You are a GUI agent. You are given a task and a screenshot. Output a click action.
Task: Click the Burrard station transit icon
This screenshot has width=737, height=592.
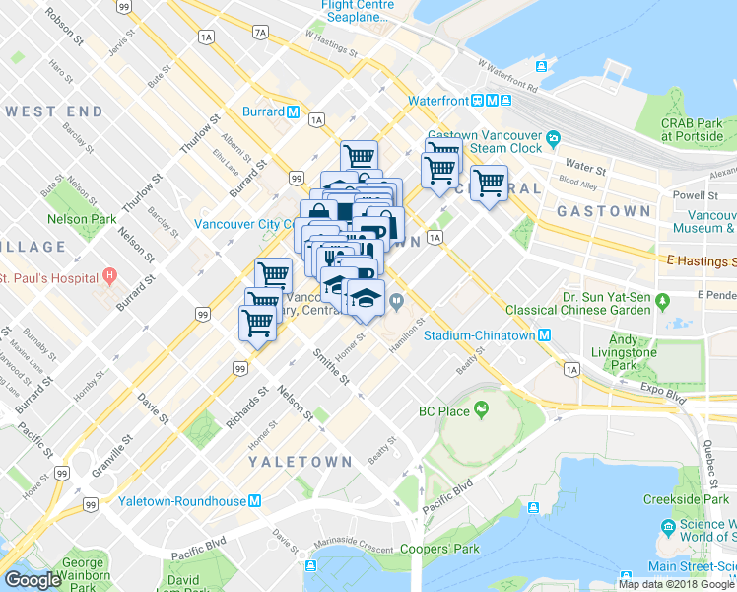(294, 111)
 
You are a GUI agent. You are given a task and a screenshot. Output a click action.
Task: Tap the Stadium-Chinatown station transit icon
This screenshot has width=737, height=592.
(544, 335)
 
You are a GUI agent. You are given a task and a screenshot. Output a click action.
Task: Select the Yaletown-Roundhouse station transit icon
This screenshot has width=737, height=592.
(255, 501)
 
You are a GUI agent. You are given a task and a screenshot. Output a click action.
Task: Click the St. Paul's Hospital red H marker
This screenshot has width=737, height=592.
(109, 275)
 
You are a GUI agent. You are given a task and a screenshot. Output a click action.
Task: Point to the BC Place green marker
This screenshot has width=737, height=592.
(482, 408)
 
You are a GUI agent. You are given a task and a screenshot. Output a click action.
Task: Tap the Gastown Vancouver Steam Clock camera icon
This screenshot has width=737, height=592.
(554, 136)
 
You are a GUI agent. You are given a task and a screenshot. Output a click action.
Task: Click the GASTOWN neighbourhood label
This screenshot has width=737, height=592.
(603, 211)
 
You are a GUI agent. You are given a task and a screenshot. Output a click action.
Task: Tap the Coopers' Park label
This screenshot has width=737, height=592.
(439, 549)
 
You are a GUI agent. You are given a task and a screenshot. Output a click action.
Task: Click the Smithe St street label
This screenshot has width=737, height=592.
(331, 366)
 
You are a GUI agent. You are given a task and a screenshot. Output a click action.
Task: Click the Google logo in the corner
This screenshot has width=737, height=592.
(33, 580)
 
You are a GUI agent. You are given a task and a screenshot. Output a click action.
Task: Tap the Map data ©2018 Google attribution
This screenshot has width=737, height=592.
(676, 584)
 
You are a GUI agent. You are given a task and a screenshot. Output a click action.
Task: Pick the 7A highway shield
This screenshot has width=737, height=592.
(260, 33)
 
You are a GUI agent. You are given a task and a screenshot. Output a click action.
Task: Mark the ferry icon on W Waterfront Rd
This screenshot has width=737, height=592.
(541, 66)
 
